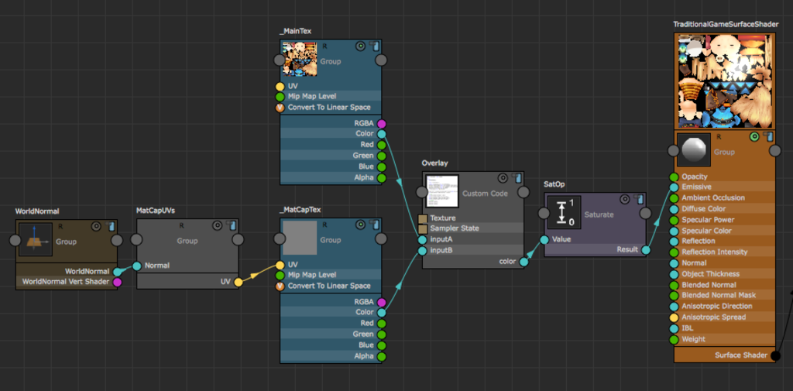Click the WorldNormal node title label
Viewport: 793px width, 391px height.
click(37, 211)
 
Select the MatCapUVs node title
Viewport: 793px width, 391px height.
click(155, 211)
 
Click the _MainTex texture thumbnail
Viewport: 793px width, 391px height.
click(299, 57)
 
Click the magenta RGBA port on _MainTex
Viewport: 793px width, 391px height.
click(381, 124)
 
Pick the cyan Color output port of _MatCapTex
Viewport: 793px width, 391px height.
click(381, 313)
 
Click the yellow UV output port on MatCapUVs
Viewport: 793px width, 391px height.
click(239, 282)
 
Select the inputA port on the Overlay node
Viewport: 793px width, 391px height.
click(422, 239)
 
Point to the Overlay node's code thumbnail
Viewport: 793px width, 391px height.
click(443, 190)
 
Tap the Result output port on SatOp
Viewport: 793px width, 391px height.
click(646, 250)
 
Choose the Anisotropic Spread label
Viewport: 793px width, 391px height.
click(713, 317)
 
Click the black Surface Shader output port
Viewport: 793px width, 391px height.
click(775, 355)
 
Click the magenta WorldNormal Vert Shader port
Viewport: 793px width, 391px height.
click(118, 282)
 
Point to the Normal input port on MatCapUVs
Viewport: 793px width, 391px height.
click(137, 266)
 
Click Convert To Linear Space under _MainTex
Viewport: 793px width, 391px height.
click(329, 108)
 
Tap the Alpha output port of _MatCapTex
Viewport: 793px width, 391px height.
click(381, 356)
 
